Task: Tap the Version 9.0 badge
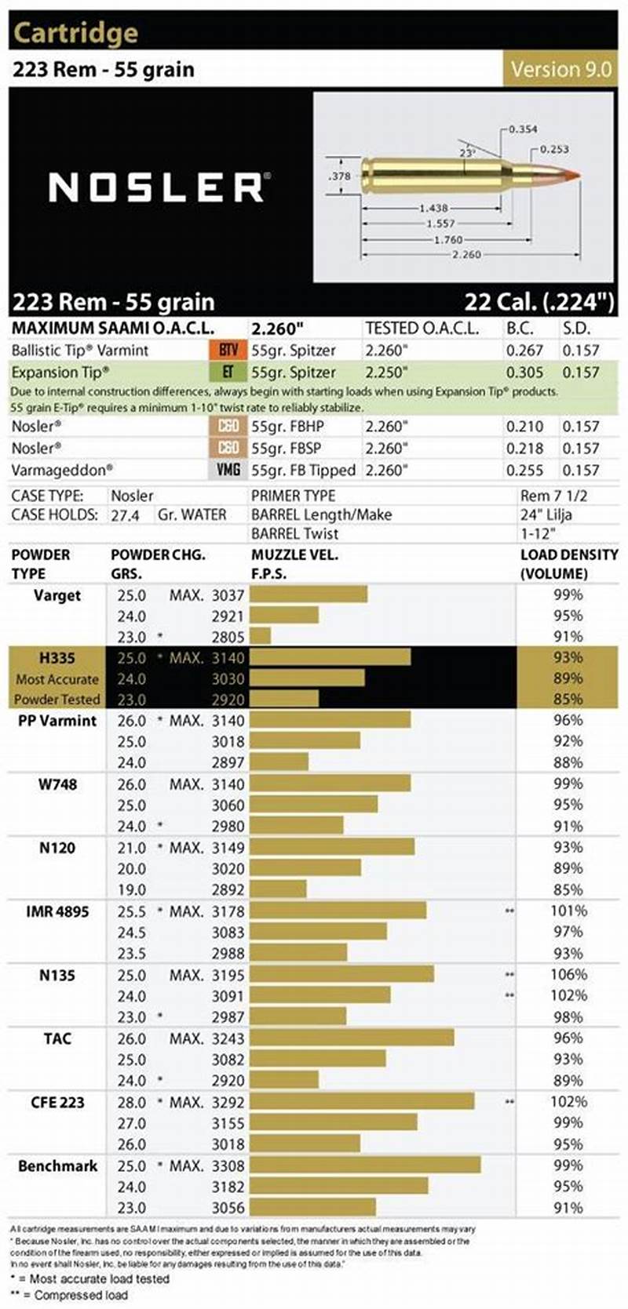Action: [x=560, y=69]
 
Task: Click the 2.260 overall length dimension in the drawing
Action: [x=466, y=255]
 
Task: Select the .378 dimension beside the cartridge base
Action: [x=339, y=176]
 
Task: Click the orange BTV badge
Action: [x=228, y=351]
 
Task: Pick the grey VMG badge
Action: [x=228, y=470]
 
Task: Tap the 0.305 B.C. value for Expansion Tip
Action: [x=524, y=373]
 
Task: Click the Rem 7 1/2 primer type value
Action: [x=553, y=496]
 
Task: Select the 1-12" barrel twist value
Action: [x=539, y=533]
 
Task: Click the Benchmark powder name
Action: [x=57, y=1165]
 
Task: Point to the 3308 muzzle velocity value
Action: [x=228, y=1166]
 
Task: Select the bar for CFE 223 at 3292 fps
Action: [x=362, y=1102]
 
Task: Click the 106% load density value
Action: [x=568, y=975]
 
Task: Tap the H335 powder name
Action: [x=57, y=658]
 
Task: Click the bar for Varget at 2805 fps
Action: [x=260, y=636]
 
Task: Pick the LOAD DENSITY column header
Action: [x=568, y=563]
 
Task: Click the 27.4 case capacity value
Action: [x=125, y=515]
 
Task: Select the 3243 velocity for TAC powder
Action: [x=228, y=1038]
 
